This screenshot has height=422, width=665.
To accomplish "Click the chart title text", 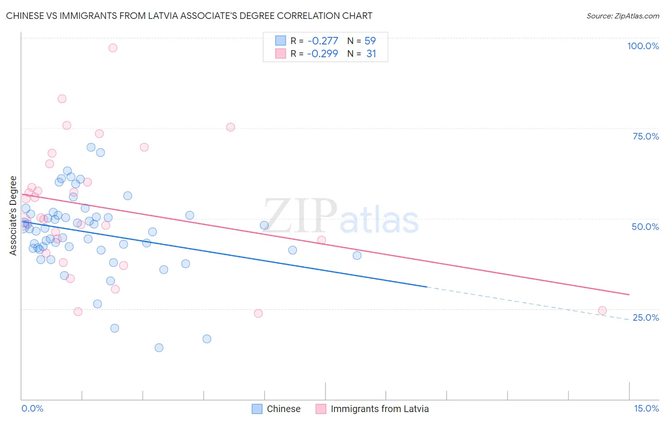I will tap(189, 16).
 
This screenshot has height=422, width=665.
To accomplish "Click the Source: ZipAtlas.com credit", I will tap(622, 16).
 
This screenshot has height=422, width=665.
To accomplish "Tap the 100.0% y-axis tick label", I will tap(643, 46).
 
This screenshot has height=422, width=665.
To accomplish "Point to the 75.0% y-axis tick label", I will tap(646, 136).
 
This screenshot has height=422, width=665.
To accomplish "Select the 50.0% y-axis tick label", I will tap(645, 227).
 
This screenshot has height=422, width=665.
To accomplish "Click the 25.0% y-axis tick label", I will tap(646, 317).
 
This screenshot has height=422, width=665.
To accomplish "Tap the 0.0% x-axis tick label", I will tap(32, 408).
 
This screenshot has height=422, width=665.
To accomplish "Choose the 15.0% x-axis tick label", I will tap(646, 408).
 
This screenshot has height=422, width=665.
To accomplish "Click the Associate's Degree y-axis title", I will tap(13, 215).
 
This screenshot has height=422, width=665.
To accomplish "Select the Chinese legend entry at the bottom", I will tap(276, 409).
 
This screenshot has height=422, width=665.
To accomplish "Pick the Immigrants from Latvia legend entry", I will tap(373, 409).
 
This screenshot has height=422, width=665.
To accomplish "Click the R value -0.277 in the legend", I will tap(323, 41).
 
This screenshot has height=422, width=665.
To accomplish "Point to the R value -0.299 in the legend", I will tap(323, 54).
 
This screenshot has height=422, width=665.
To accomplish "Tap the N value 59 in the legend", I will tap(370, 41).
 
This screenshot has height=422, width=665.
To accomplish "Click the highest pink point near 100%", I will tap(113, 48).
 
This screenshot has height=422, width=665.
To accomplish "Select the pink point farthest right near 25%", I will tap(602, 311).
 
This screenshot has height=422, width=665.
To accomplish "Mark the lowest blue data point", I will tap(159, 348).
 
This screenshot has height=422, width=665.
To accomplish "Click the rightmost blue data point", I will tap(357, 255).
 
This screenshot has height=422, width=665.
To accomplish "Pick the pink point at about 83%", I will tap(62, 99).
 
